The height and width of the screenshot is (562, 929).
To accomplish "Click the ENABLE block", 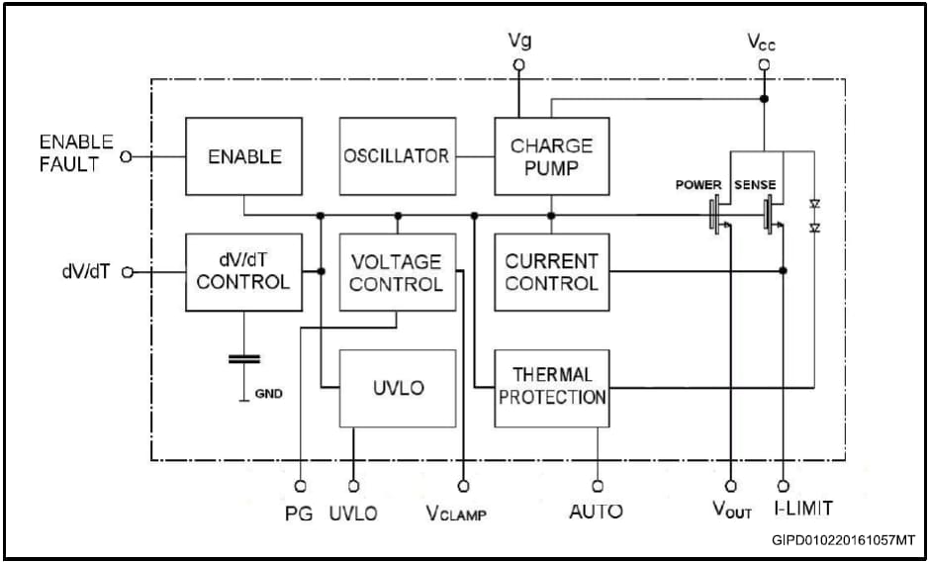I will (243, 156).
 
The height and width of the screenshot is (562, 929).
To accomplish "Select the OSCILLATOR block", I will (397, 156).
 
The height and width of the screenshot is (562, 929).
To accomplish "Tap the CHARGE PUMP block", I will (551, 156).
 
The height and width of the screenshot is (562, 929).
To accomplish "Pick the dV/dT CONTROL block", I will (243, 272).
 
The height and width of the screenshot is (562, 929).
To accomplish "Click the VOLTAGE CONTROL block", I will (397, 272).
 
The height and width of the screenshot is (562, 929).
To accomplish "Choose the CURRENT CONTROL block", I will (551, 272).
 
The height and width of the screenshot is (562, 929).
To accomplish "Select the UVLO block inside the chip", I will (397, 388).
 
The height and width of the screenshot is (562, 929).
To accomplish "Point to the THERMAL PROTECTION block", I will (551, 388).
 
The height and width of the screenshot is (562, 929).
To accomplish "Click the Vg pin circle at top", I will (518, 65).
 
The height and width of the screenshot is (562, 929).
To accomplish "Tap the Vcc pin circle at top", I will (764, 65).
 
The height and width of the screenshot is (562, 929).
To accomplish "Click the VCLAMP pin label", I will (456, 513).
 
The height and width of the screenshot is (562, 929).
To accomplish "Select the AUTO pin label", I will (596, 512).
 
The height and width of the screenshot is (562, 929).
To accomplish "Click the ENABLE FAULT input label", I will (75, 153).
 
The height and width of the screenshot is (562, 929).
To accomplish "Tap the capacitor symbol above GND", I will (243, 358).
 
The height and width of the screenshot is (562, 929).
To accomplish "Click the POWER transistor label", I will (699, 185).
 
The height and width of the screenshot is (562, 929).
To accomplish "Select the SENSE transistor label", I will (755, 185).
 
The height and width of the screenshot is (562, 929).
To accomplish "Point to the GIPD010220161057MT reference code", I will (844, 541).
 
